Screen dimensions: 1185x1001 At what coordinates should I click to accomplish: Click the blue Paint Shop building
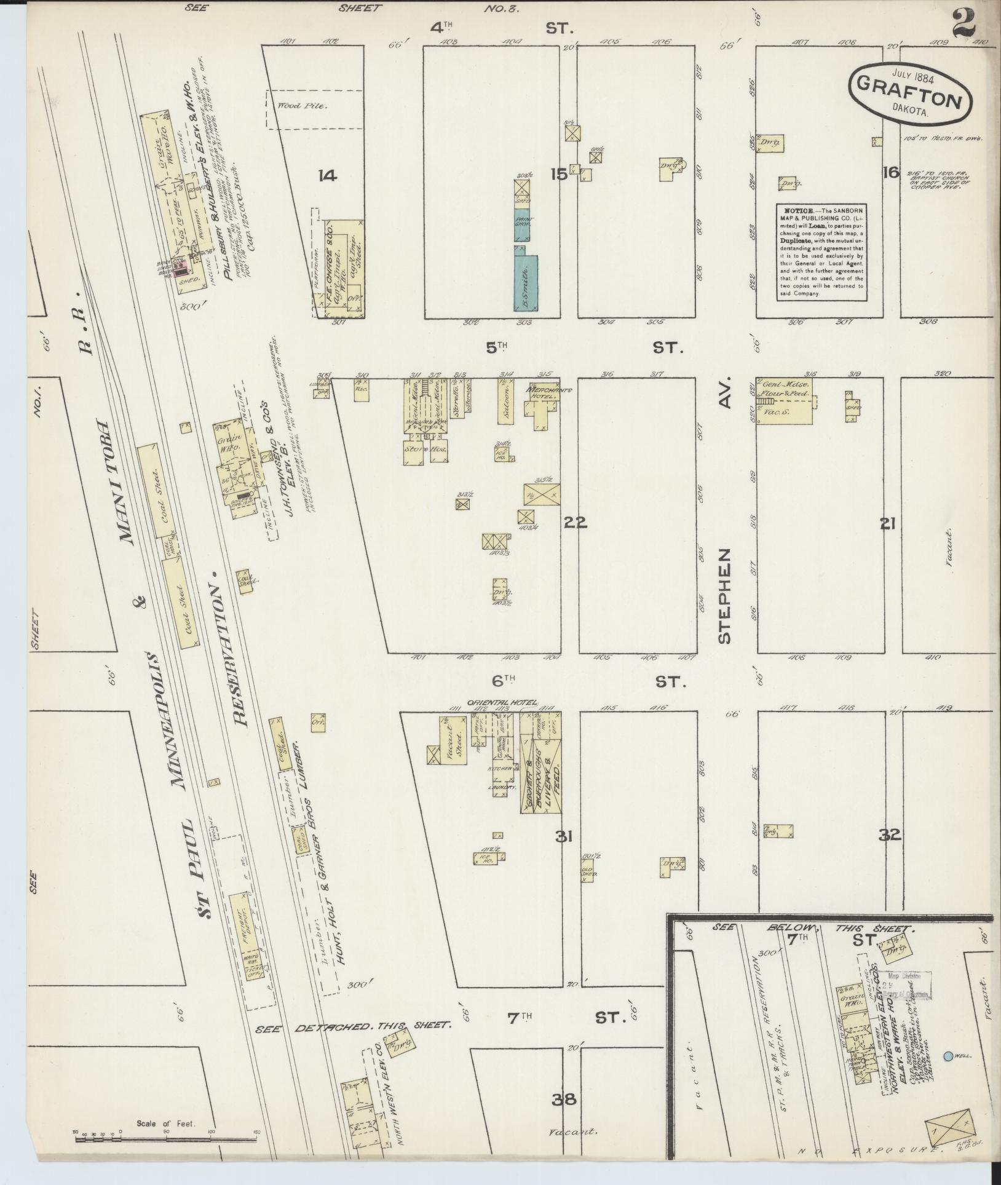tap(523, 226)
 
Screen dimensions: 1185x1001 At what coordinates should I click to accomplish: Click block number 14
tap(328, 176)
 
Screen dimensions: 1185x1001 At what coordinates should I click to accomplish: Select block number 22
tap(576, 523)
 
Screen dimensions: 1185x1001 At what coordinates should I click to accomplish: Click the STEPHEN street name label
tap(726, 595)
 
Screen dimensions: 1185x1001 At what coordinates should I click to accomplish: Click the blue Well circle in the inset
tap(948, 1055)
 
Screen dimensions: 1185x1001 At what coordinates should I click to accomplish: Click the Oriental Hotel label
tap(502, 703)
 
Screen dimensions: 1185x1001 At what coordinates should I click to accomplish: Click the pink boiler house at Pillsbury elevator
tap(181, 268)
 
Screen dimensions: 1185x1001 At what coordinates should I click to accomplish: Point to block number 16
tap(890, 173)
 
